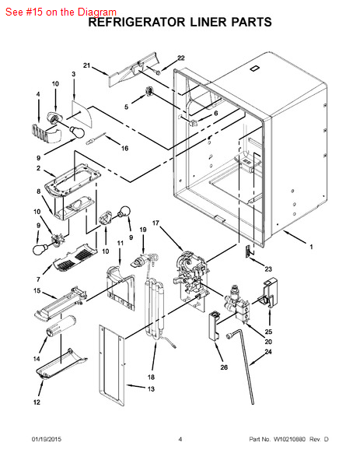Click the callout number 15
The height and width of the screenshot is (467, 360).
pyautogui.click(x=37, y=290)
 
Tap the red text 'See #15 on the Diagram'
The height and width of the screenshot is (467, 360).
pyautogui.click(x=61, y=12)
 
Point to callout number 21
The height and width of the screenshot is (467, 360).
pyautogui.click(x=86, y=65)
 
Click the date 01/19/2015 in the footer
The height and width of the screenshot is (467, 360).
pyautogui.click(x=47, y=439)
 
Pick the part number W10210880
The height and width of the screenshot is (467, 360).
pyautogui.click(x=289, y=439)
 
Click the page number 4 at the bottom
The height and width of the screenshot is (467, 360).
pyautogui.click(x=180, y=439)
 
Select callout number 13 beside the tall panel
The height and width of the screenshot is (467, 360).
pyautogui.click(x=151, y=389)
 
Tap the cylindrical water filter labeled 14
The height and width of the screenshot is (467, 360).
pyautogui.click(x=61, y=326)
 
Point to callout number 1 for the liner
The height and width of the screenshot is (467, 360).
pyautogui.click(x=311, y=247)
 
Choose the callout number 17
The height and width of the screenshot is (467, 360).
pyautogui.click(x=156, y=223)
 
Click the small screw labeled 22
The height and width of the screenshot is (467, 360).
pyautogui.click(x=157, y=72)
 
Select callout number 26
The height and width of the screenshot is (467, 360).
pyautogui.click(x=224, y=367)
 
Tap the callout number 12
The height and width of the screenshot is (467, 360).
pyautogui.click(x=37, y=402)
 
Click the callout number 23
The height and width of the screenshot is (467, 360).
pyautogui.click(x=268, y=269)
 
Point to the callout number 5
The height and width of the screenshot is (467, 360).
pyautogui.click(x=127, y=107)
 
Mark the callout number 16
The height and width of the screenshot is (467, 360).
pyautogui.click(x=124, y=148)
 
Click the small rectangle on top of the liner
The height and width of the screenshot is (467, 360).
pyautogui.click(x=254, y=68)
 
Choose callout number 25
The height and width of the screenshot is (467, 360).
pyautogui.click(x=268, y=332)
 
